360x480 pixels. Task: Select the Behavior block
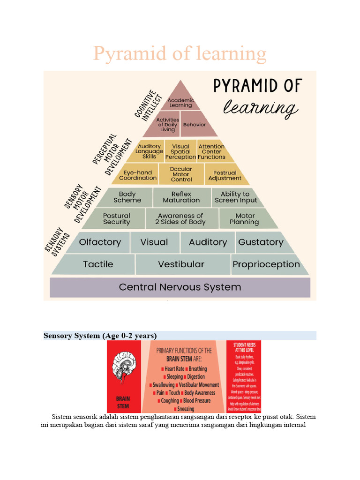(x=194, y=125)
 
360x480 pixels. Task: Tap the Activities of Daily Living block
(x=167, y=125)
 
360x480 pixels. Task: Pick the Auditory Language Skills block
(x=149, y=151)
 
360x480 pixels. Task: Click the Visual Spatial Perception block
(x=180, y=151)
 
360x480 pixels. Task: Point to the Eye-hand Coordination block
(x=137, y=175)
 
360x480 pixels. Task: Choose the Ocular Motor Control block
(x=181, y=174)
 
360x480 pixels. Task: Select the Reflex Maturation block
(x=181, y=197)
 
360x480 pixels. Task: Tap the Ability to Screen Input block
(x=236, y=197)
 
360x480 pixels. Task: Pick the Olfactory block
(x=100, y=242)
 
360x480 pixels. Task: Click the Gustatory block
(x=261, y=242)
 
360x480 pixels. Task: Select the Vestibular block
(x=181, y=264)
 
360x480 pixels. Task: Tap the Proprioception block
(x=266, y=264)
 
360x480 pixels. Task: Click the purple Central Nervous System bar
(x=180, y=287)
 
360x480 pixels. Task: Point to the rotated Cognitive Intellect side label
(x=148, y=103)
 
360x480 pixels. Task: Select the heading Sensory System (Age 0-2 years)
(x=100, y=336)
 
